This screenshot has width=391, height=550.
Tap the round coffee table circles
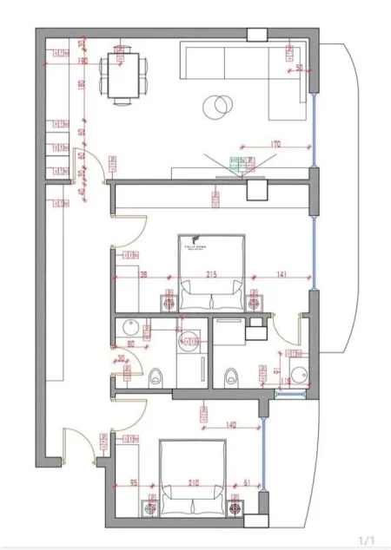pos(215,107)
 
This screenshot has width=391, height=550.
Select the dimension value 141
pos(281,275)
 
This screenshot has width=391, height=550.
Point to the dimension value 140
pos(231,425)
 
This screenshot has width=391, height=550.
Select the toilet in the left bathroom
pos(156,377)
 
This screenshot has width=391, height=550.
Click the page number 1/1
pos(367,539)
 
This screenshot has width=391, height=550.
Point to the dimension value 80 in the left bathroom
pos(131,344)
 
